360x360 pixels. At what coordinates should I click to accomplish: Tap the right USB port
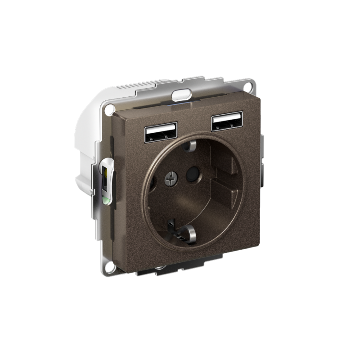[227, 121]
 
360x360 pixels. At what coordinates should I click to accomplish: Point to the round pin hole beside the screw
[193, 172]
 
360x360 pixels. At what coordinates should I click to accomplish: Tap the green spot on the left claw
[104, 199]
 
